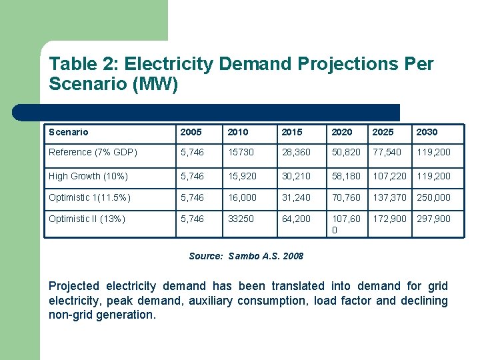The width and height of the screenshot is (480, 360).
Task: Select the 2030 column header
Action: pyautogui.click(x=427, y=132)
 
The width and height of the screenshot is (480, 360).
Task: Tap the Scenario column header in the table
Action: pyautogui.click(x=69, y=132)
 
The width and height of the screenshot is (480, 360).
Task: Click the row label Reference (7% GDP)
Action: pyautogui.click(x=93, y=152)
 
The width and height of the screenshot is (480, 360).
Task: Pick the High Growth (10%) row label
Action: pyautogui.click(x=88, y=176)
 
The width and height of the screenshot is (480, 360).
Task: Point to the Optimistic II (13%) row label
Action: pyautogui.click(x=87, y=219)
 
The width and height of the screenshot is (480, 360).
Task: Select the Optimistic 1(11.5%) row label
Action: pyautogui.click(x=90, y=197)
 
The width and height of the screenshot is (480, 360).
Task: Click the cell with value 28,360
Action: pyautogui.click(x=295, y=152)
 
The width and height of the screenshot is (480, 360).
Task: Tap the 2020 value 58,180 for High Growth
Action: pyautogui.click(x=347, y=176)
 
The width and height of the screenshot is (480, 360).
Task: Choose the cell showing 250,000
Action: pyautogui.click(x=433, y=197)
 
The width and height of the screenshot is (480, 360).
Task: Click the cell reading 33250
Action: pyautogui.click(x=241, y=219)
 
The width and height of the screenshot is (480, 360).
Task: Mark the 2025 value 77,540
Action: pyautogui.click(x=387, y=152)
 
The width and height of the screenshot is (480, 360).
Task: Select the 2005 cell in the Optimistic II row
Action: pyautogui.click(x=193, y=219)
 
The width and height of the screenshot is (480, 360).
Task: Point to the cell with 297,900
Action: pyautogui.click(x=433, y=219)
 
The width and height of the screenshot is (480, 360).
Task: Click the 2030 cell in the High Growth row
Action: pyautogui.click(x=433, y=176)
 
